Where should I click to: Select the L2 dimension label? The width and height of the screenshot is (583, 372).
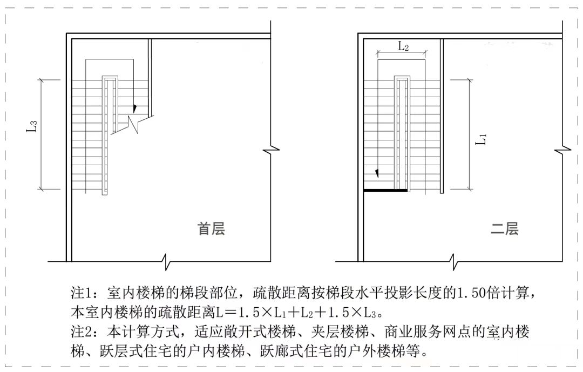[x=403, y=47]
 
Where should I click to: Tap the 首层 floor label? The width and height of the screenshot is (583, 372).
[x=211, y=229]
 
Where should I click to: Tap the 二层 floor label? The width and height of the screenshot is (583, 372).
[x=504, y=229]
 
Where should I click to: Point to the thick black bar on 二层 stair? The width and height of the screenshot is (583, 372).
[x=385, y=190]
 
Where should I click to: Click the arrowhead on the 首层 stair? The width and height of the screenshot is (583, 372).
[x=135, y=109]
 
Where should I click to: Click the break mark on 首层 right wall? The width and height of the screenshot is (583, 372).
[x=271, y=148]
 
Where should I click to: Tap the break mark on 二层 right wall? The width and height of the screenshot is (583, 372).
[x=564, y=148]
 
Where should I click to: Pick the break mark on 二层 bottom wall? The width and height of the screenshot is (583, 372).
[x=457, y=262]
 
